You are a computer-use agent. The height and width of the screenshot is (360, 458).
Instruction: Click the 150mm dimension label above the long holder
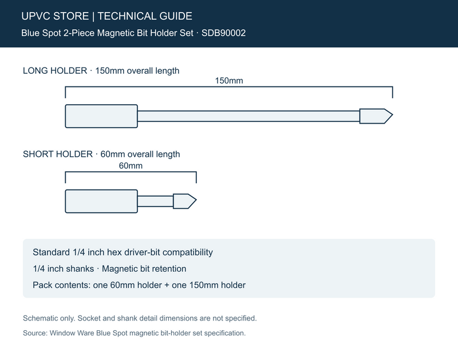coord(229,81)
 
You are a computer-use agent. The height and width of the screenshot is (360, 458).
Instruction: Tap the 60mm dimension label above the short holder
coord(131,166)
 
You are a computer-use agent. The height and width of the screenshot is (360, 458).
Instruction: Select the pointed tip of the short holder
coord(196,200)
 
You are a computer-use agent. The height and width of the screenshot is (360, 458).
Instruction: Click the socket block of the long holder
coord(101,116)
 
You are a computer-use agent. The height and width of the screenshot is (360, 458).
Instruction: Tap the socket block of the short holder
coord(101,201)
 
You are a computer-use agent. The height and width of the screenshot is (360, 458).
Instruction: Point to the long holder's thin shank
coord(248,116)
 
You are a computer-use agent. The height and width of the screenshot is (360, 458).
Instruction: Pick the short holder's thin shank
coord(155,201)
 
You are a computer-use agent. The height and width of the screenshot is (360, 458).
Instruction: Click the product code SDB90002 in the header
coord(223,33)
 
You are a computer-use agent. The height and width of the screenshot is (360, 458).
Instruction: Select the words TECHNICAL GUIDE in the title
coord(145,16)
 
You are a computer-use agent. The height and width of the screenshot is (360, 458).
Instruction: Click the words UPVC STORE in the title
coord(55,16)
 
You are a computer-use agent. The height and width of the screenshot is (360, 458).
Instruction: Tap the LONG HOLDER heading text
coord(55,70)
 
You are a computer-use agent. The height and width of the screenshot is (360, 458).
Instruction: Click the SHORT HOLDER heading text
coord(58,154)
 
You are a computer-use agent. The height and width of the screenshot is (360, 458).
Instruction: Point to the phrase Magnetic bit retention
coord(144,268)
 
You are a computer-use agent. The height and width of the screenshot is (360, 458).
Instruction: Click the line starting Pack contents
coord(139,285)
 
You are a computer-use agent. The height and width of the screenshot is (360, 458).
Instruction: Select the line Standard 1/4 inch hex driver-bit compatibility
coord(123,252)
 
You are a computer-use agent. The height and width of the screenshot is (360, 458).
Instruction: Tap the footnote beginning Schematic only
coord(140,318)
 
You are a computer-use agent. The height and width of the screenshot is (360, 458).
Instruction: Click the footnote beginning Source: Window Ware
coord(134,333)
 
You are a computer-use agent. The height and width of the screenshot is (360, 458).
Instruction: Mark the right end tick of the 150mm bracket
coord(393,92)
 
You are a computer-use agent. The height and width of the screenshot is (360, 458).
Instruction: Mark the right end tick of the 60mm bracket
coord(196,177)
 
